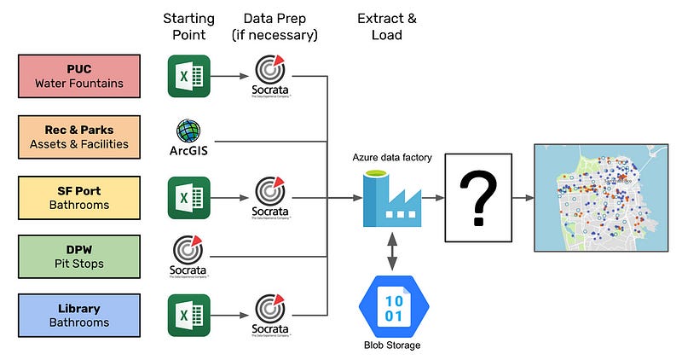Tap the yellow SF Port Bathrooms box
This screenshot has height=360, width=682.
pos(83,196)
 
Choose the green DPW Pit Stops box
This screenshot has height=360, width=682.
pos(83,255)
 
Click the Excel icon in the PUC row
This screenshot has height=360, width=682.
pos(188,76)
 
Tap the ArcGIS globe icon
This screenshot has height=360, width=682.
pos(188,131)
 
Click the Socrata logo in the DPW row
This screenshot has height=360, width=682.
pos(188,252)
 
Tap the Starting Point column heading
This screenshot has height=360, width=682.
pos(188,26)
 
